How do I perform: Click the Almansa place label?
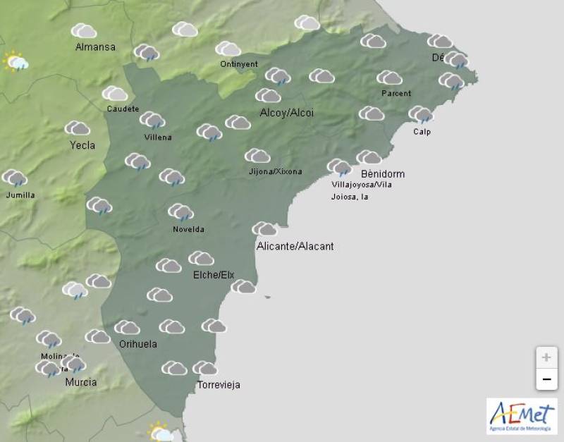(x=95, y=47)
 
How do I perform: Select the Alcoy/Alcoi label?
(x=287, y=113)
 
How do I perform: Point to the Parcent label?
(x=396, y=93)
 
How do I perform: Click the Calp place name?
(x=422, y=132)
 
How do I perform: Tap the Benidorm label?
(x=383, y=173)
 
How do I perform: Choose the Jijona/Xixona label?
(x=275, y=171)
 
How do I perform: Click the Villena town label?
(x=157, y=137)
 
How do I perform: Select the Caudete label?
(x=123, y=109)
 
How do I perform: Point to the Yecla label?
(x=82, y=146)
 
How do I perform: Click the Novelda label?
(x=188, y=229)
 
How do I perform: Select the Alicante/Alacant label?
(x=295, y=246)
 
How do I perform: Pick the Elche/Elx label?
(x=214, y=275)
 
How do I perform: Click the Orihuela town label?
(x=137, y=344)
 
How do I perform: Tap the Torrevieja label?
(x=219, y=385)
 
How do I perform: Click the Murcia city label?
(x=80, y=382)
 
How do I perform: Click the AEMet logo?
(x=522, y=416)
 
